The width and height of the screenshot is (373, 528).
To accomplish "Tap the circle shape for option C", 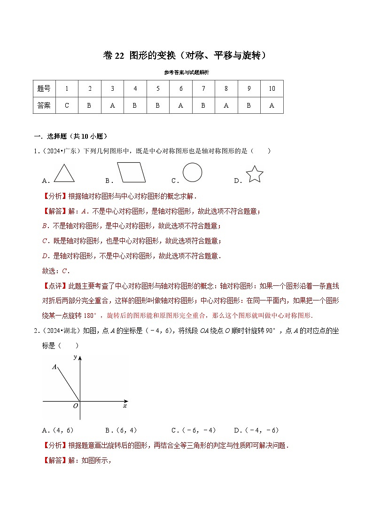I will coord(192,172).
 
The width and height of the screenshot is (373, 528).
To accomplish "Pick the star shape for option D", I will coord(254,174).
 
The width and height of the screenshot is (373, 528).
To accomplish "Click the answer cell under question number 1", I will coord(67,105).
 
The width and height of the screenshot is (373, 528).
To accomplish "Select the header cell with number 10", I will coord(272,88).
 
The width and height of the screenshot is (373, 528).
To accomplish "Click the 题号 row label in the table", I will coord(44,88).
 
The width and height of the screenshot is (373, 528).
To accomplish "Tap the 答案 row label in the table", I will coord(44,105).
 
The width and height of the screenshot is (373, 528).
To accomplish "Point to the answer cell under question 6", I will coord(181,105).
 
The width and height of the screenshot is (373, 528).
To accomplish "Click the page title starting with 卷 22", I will coord(186,55).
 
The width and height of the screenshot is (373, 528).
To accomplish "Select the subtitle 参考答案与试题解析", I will coord(186,72).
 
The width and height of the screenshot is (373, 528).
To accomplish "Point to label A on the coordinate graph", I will coord(54,366).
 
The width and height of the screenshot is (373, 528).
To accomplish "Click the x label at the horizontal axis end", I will coord(125,405).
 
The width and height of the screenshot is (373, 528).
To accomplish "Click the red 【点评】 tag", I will coord(55,285).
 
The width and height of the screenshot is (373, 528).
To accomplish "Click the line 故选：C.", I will coord(56,270).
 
